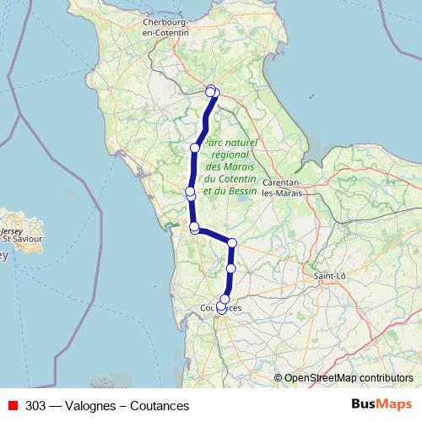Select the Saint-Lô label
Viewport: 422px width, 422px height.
[330, 275]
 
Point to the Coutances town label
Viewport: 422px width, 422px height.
[221, 309]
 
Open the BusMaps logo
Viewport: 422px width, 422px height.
[381, 404]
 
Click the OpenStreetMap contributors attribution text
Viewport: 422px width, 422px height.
[348, 378]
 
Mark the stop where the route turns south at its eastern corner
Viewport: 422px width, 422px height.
[232, 243]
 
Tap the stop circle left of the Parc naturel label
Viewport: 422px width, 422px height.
[195, 148]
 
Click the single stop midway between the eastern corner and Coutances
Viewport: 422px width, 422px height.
[231, 268]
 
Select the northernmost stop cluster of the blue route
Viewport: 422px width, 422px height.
[213, 91]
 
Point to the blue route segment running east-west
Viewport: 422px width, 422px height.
[214, 235]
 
